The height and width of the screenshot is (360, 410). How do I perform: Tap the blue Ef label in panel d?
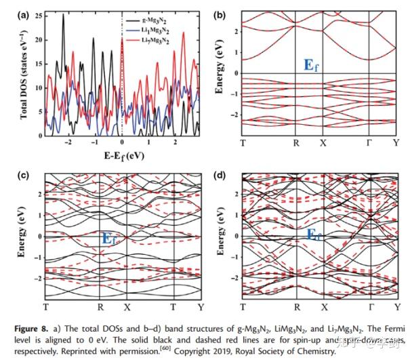pos(313,235)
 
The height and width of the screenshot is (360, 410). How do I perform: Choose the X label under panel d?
pos(322,307)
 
